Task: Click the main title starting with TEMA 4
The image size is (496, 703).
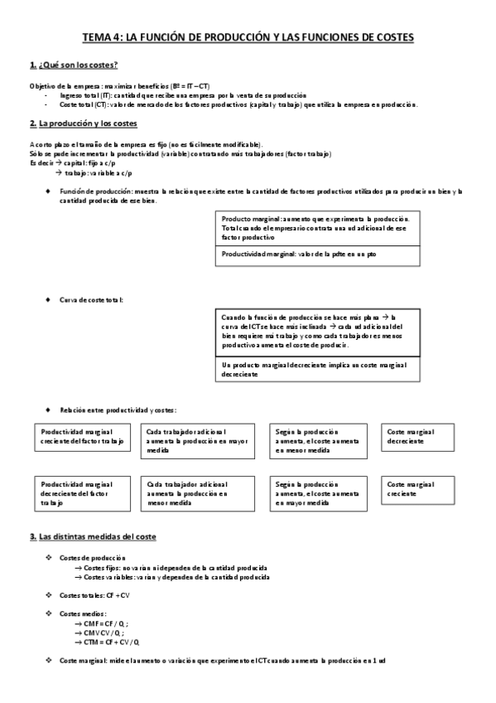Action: (248, 38)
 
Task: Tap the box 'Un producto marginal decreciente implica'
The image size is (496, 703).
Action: (317, 369)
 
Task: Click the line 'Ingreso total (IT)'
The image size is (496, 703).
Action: (182, 95)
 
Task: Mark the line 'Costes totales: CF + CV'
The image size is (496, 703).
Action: (94, 595)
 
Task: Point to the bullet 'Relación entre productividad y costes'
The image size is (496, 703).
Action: (118, 410)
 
